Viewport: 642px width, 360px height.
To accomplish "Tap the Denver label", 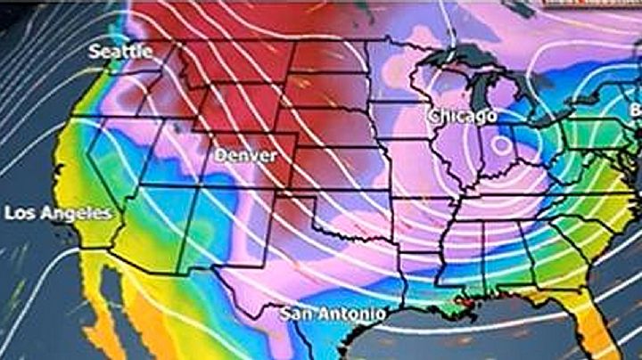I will (x=242, y=156).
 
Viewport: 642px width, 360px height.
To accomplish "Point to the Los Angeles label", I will (x=59, y=214).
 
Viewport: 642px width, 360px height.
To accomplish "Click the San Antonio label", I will (x=333, y=314).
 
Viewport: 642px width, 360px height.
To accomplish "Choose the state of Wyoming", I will (x=233, y=108).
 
